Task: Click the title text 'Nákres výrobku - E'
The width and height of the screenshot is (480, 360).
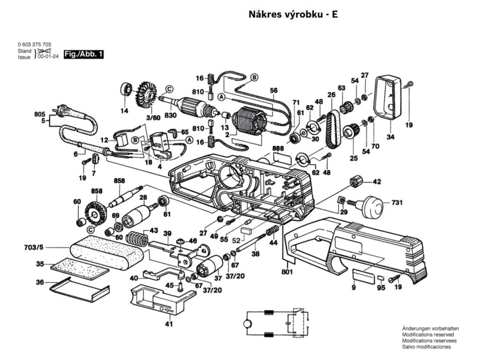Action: pyautogui.click(x=292, y=14)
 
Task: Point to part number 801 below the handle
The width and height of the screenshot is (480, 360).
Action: pyautogui.click(x=287, y=271)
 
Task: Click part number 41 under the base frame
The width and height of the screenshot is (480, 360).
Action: pyautogui.click(x=168, y=324)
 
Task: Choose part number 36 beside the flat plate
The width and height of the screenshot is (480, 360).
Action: pyautogui.click(x=40, y=283)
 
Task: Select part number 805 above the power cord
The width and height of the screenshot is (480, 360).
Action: pyautogui.click(x=40, y=114)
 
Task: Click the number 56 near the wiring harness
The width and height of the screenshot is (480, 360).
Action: pyautogui.click(x=274, y=90)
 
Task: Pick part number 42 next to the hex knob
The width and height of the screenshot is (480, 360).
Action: pyautogui.click(x=377, y=181)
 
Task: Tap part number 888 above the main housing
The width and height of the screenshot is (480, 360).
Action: pyautogui.click(x=278, y=148)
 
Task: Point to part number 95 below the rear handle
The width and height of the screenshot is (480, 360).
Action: pyautogui.click(x=381, y=287)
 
